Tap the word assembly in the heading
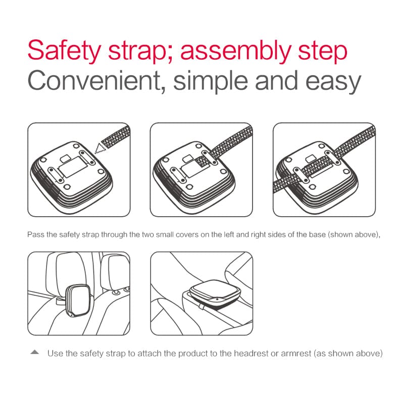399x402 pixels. (x=241, y=52)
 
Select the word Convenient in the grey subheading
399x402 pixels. (x=92, y=81)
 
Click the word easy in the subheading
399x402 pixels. (x=332, y=81)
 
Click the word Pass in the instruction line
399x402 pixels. (x=35, y=235)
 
